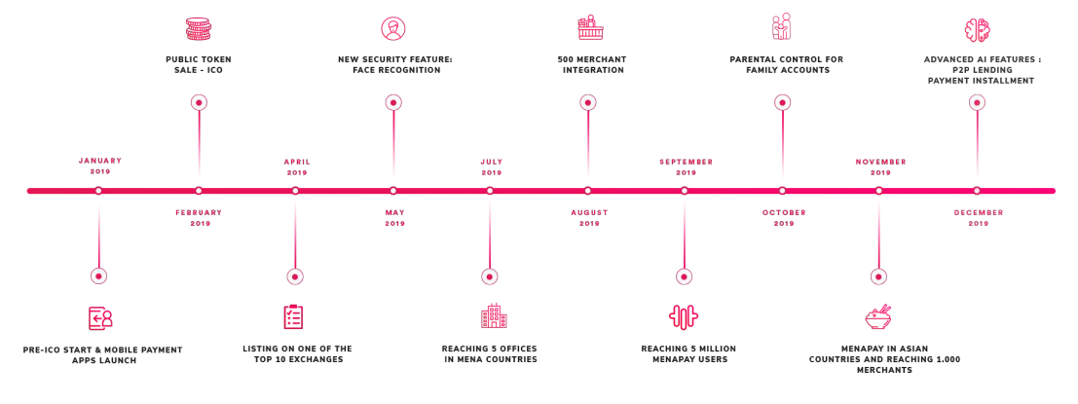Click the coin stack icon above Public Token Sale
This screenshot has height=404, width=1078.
pyautogui.click(x=199, y=27)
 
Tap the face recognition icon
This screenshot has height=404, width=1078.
pyautogui.click(x=393, y=27)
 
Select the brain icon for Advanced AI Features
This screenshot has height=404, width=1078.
pyautogui.click(x=977, y=29)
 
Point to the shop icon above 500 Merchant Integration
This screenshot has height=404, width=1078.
pyautogui.click(x=587, y=27)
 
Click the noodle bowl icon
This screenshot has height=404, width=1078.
pyautogui.click(x=878, y=316)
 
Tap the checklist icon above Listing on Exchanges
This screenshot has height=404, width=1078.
pyautogui.click(x=293, y=316)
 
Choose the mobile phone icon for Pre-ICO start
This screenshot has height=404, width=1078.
pyautogui.click(x=100, y=317)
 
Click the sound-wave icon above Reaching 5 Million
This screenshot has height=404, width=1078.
pyautogui.click(x=684, y=316)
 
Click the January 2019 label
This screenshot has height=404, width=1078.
pyautogui.click(x=100, y=166)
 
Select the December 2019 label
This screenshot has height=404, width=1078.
pyautogui.click(x=979, y=217)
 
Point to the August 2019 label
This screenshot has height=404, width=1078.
pyautogui.click(x=589, y=217)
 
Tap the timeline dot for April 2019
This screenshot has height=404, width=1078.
pyautogui.click(x=295, y=191)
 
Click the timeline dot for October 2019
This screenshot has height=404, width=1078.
pyautogui.click(x=782, y=191)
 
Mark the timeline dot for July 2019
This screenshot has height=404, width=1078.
pyautogui.click(x=490, y=191)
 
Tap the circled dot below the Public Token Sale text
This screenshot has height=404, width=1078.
pyautogui.click(x=199, y=102)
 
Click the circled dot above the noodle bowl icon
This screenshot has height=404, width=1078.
pyautogui.click(x=878, y=276)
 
